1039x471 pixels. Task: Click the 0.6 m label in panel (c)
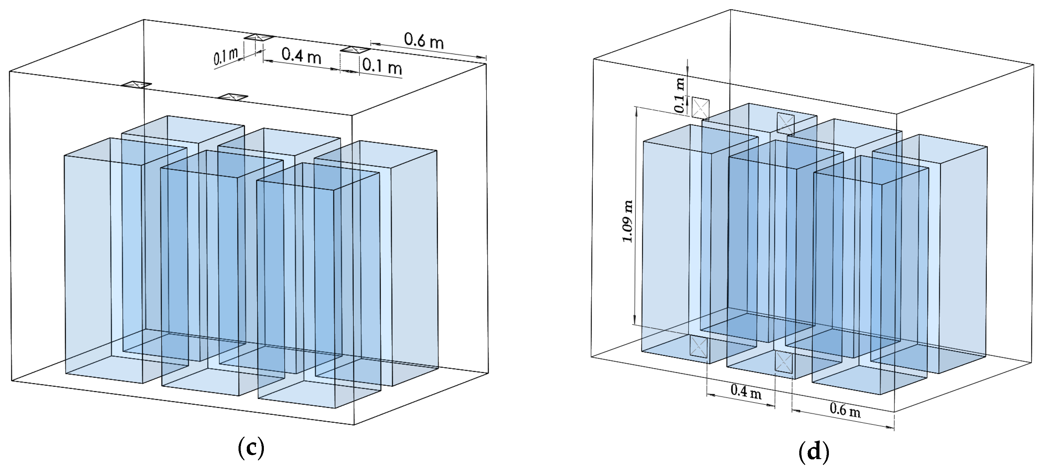(424, 40)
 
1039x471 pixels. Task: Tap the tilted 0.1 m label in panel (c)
(226, 57)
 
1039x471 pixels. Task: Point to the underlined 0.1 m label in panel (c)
(381, 66)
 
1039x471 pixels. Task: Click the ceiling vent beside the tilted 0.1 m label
(259, 37)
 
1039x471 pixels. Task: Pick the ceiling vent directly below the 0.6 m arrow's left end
(355, 49)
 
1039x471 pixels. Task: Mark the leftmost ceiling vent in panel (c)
(137, 84)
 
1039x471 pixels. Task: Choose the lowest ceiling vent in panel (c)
(233, 97)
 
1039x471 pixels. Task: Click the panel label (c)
(251, 448)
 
